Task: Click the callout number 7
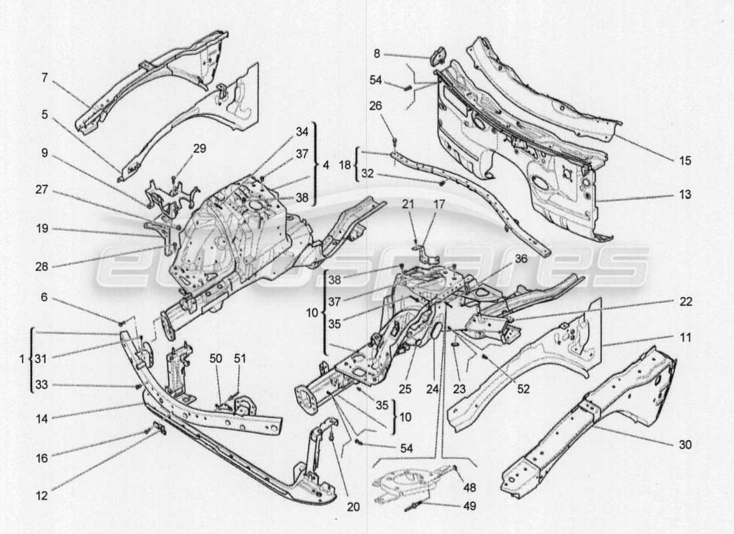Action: (44, 78)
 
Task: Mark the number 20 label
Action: (353, 507)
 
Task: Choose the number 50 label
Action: (216, 359)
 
